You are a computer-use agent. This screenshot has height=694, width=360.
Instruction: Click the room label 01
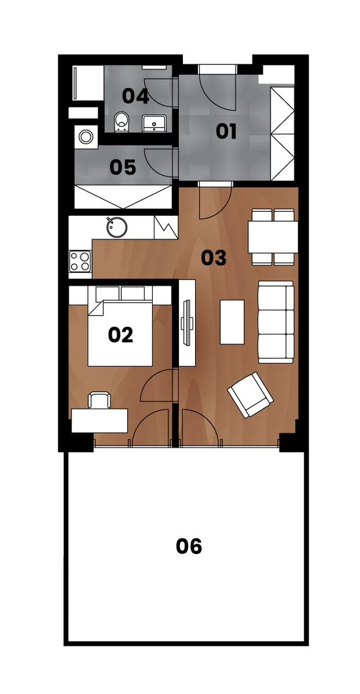tap(226, 132)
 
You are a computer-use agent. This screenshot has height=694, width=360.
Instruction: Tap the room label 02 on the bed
tap(120, 335)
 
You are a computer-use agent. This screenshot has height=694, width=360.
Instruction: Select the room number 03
tap(214, 258)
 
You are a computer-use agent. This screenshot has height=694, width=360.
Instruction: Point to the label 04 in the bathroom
tap(135, 96)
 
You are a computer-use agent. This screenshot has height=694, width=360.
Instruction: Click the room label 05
tap(123, 168)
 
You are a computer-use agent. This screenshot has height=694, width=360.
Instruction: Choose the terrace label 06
tap(189, 546)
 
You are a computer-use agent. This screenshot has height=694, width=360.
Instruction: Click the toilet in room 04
tap(121, 121)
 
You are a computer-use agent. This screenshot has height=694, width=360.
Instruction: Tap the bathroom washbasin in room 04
tap(154, 123)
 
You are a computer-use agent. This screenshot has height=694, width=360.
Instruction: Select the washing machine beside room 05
tap(86, 136)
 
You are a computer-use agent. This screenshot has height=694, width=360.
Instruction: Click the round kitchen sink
tap(117, 227)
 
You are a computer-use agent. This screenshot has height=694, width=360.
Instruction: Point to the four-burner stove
tap(80, 261)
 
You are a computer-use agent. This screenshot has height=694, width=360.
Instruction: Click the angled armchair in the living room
tap(250, 395)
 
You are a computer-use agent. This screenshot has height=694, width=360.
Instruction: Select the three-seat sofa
tap(276, 322)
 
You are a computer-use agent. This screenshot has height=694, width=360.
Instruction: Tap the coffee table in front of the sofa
tap(232, 322)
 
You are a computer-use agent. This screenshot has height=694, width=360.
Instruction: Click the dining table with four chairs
tap(273, 237)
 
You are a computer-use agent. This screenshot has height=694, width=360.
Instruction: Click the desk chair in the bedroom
tap(98, 400)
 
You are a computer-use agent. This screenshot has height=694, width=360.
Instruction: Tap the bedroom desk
tap(100, 421)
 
